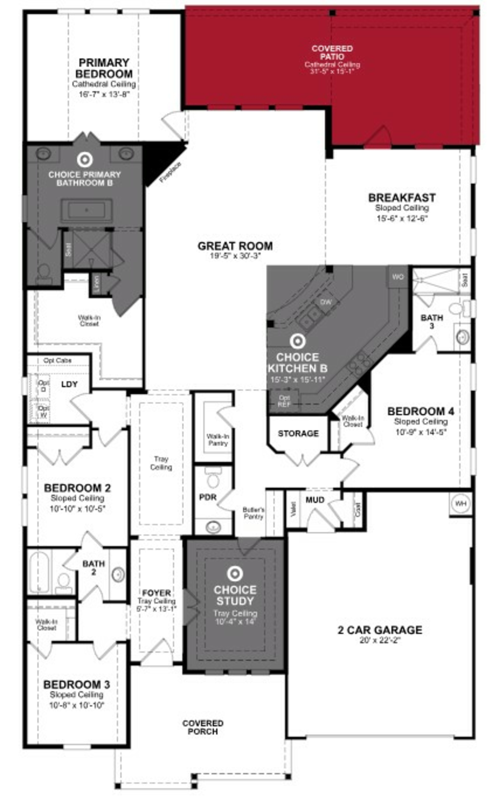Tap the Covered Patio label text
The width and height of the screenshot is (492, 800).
(x=332, y=52)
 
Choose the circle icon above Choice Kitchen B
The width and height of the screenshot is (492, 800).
(x=297, y=341)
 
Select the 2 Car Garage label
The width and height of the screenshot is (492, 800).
(x=380, y=630)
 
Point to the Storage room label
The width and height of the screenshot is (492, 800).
(x=298, y=433)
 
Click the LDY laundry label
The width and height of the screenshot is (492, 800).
(x=69, y=384)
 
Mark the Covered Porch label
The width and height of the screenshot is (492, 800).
(x=203, y=727)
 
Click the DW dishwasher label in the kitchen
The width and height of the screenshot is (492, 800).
(x=325, y=302)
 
